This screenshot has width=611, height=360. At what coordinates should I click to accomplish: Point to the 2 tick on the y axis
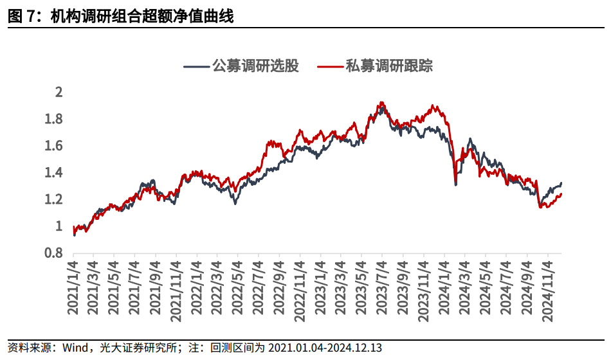coord(59,92)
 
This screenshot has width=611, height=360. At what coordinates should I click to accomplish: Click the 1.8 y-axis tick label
coord(54,119)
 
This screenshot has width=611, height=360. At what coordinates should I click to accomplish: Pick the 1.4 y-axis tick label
coord(54,172)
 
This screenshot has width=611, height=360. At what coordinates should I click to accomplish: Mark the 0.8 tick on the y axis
coord(54,253)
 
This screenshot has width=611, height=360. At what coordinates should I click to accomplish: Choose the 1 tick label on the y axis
coord(59,226)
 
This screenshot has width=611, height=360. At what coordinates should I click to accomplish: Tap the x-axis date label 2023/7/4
coord(382,289)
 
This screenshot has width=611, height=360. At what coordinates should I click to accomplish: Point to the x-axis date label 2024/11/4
coord(547,289)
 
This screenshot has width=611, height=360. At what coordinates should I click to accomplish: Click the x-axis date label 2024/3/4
coord(465,289)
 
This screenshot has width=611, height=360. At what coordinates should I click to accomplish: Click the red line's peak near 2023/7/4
coord(382,102)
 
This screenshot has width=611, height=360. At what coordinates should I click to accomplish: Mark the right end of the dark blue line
coord(561,183)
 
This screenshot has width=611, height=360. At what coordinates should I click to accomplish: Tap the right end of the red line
coord(561,194)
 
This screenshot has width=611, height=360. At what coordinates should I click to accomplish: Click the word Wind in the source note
coord(75,348)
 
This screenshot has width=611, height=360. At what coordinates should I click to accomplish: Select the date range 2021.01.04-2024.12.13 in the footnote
coord(325,348)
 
